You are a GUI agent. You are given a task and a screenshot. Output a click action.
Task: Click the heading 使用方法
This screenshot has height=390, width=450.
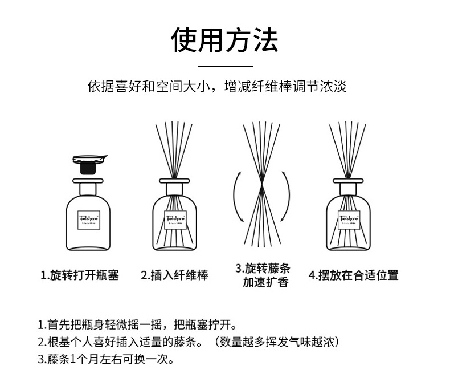tap(224, 40)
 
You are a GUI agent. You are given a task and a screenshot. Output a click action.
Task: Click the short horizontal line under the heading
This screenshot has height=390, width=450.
tap(225, 66)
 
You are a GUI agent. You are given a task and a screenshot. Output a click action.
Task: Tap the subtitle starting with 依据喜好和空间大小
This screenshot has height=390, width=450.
tap(217, 86)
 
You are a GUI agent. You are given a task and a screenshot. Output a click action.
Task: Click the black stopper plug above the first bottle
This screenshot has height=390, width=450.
tap(88, 168)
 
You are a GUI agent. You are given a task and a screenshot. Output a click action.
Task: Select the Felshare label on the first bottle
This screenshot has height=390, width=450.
tap(89, 220)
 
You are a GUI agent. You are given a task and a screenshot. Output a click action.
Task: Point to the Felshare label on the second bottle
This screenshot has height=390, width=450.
tap(175, 220)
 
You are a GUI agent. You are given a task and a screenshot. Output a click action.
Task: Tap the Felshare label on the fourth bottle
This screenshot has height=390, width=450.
tap(349, 220)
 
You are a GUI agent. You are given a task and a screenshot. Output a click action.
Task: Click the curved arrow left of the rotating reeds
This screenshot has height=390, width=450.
tap(234, 197)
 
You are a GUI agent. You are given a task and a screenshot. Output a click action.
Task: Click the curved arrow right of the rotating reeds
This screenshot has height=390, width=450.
tap(289, 197)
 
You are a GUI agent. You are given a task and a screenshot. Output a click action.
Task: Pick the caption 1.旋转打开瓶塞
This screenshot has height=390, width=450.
tap(80, 275)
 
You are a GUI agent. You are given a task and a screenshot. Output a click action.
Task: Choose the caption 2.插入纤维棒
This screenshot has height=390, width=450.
tap(174, 275)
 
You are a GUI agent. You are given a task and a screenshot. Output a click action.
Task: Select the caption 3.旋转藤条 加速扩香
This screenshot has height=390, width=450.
tap(263, 275)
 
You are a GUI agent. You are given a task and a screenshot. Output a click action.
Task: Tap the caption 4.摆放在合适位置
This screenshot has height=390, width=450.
tap(354, 275)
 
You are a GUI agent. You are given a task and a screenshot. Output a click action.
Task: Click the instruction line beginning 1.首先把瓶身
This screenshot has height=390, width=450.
tap(137, 325)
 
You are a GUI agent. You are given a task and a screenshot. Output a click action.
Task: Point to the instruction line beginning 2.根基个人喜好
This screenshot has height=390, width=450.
tap(189, 342)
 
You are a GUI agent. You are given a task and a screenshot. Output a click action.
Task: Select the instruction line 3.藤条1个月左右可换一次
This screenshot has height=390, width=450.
tap(106, 359)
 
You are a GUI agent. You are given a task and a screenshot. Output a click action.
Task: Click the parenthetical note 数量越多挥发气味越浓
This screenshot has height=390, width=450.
tap(277, 342)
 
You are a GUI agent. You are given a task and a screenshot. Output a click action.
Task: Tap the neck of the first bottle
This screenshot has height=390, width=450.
tap(88, 189)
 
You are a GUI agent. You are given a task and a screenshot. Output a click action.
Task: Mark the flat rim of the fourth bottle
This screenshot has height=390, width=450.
tap(348, 181)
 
